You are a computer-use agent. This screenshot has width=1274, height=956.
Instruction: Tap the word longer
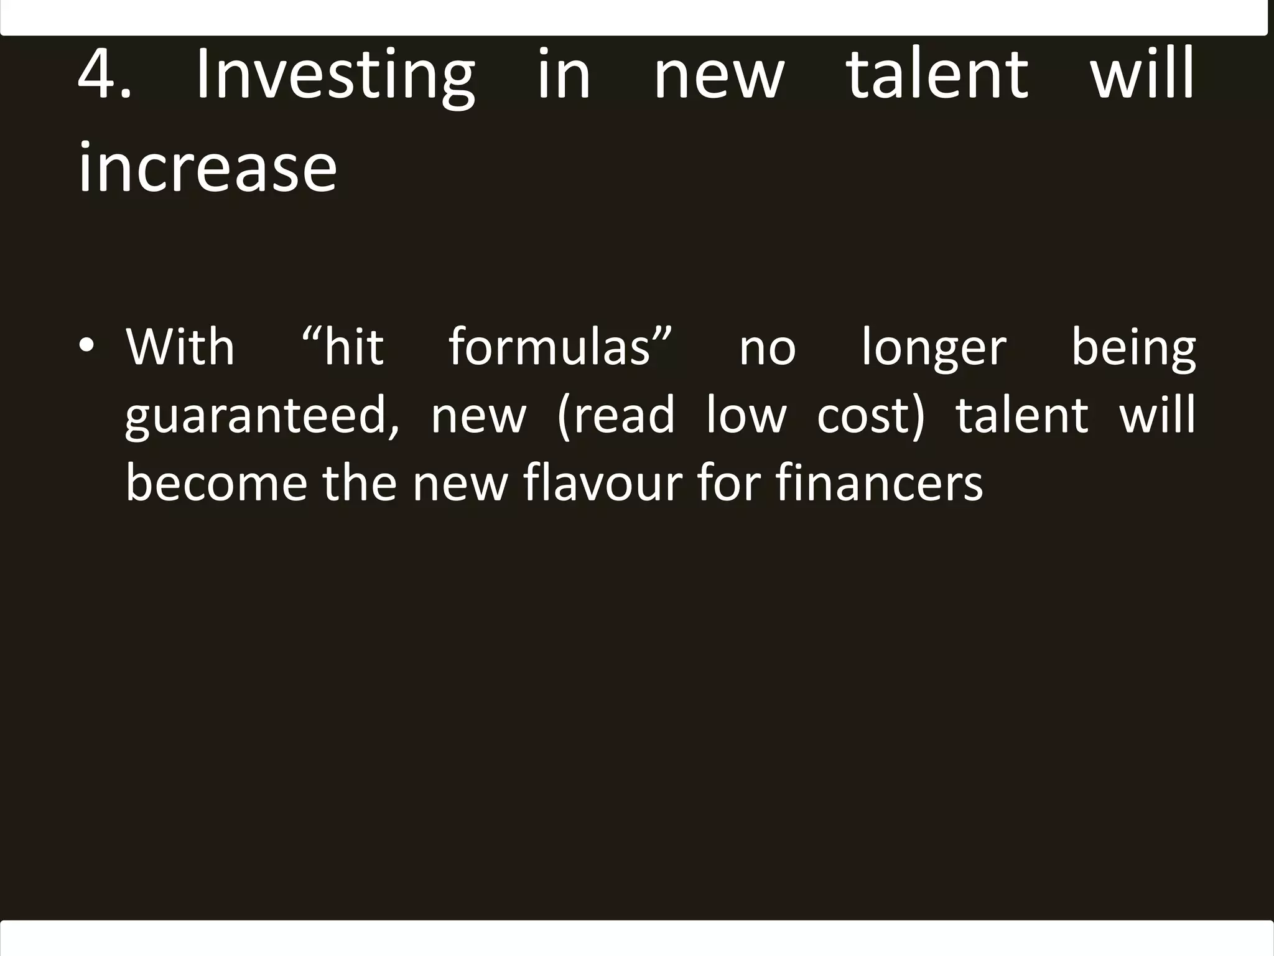click(x=934, y=349)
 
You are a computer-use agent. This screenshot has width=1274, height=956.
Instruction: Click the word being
click(x=1133, y=349)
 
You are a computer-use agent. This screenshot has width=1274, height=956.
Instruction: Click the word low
click(x=746, y=416)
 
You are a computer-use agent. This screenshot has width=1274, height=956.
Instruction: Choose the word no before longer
click(x=767, y=349)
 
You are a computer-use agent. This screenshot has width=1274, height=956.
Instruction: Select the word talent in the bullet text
click(x=1022, y=416)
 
